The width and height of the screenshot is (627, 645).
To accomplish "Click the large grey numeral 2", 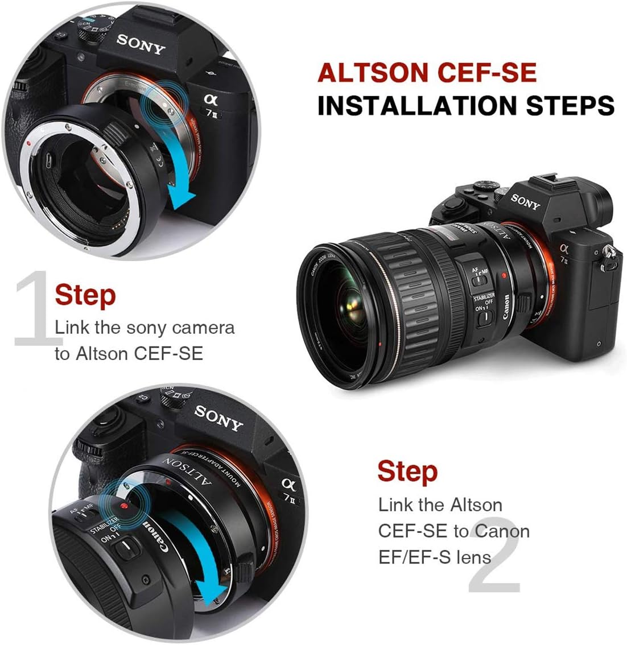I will tap(493, 555).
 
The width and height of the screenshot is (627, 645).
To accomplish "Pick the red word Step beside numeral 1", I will tap(85, 295).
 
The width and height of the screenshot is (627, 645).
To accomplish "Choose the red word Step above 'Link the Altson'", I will tap(407, 472).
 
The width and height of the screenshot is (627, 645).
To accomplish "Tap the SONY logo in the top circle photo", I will tap(140, 44).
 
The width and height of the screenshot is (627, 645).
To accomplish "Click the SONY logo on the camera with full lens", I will tap(524, 201).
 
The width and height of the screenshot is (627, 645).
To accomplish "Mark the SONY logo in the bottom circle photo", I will tap(218, 417).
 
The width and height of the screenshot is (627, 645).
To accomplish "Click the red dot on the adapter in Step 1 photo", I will tap(29, 144).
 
